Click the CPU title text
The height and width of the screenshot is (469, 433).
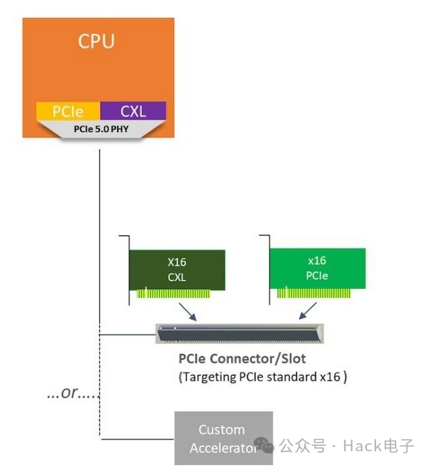[x=97, y=42]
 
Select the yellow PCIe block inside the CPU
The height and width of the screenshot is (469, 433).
[x=67, y=111]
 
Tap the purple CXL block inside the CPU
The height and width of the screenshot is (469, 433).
[x=133, y=111]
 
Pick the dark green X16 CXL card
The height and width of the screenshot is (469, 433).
[x=177, y=268]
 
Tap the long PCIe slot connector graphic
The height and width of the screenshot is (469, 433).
[x=239, y=334]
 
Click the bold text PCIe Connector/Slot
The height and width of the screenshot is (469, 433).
[x=241, y=359]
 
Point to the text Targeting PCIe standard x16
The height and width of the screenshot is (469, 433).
[x=262, y=377]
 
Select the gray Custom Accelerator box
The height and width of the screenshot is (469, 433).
[x=223, y=438]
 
